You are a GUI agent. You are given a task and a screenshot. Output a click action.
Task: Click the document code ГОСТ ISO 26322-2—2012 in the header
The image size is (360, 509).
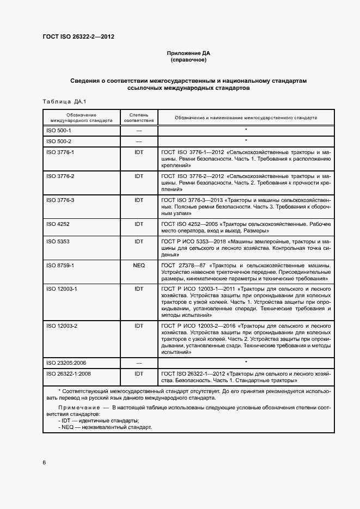78,37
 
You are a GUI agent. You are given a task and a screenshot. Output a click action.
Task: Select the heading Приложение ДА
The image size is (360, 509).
188,53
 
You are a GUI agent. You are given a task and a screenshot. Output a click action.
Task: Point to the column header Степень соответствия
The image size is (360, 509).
139,118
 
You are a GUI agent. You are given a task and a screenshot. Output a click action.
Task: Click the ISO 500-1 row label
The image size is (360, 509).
59,131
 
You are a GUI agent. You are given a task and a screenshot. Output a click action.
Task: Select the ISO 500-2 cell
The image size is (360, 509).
59,141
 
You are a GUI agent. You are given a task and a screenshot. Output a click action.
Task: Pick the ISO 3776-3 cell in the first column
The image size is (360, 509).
60,200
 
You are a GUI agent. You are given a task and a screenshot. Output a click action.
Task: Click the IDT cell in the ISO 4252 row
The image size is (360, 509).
139,224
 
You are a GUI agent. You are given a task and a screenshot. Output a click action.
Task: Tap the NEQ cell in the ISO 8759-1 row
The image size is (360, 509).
139,265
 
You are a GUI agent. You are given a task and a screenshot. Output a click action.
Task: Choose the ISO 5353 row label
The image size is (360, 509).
58,241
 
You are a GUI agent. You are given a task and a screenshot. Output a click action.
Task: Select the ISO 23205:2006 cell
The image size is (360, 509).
66,362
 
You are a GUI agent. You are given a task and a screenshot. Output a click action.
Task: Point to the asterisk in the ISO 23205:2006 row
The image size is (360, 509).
246,362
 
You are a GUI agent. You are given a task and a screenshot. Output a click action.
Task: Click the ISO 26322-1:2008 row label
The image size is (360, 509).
68,373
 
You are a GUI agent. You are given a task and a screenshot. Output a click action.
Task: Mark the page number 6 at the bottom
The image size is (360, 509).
44,462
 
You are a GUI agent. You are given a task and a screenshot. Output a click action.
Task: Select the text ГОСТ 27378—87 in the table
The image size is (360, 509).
183,265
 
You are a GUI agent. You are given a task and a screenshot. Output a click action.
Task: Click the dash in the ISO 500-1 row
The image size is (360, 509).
139,131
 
